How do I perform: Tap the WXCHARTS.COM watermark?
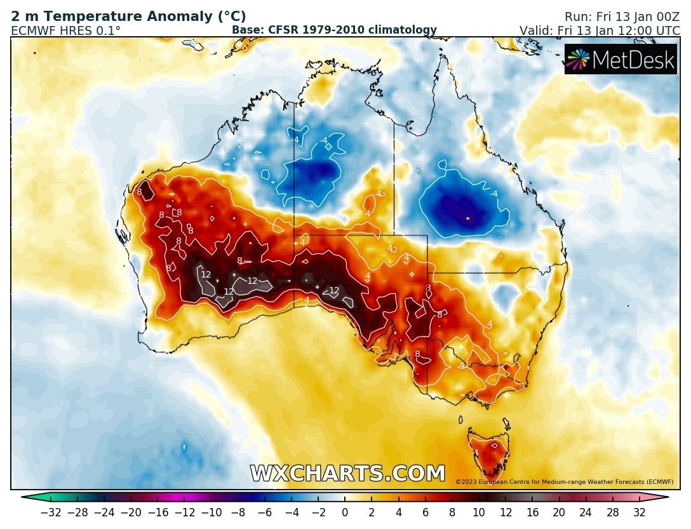point(347,474)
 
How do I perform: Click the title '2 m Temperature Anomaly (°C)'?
point(128,17)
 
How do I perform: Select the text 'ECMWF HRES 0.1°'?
point(65,30)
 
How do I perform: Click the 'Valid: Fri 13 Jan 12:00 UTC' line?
point(599,30)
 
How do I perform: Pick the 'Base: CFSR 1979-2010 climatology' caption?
point(334,30)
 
